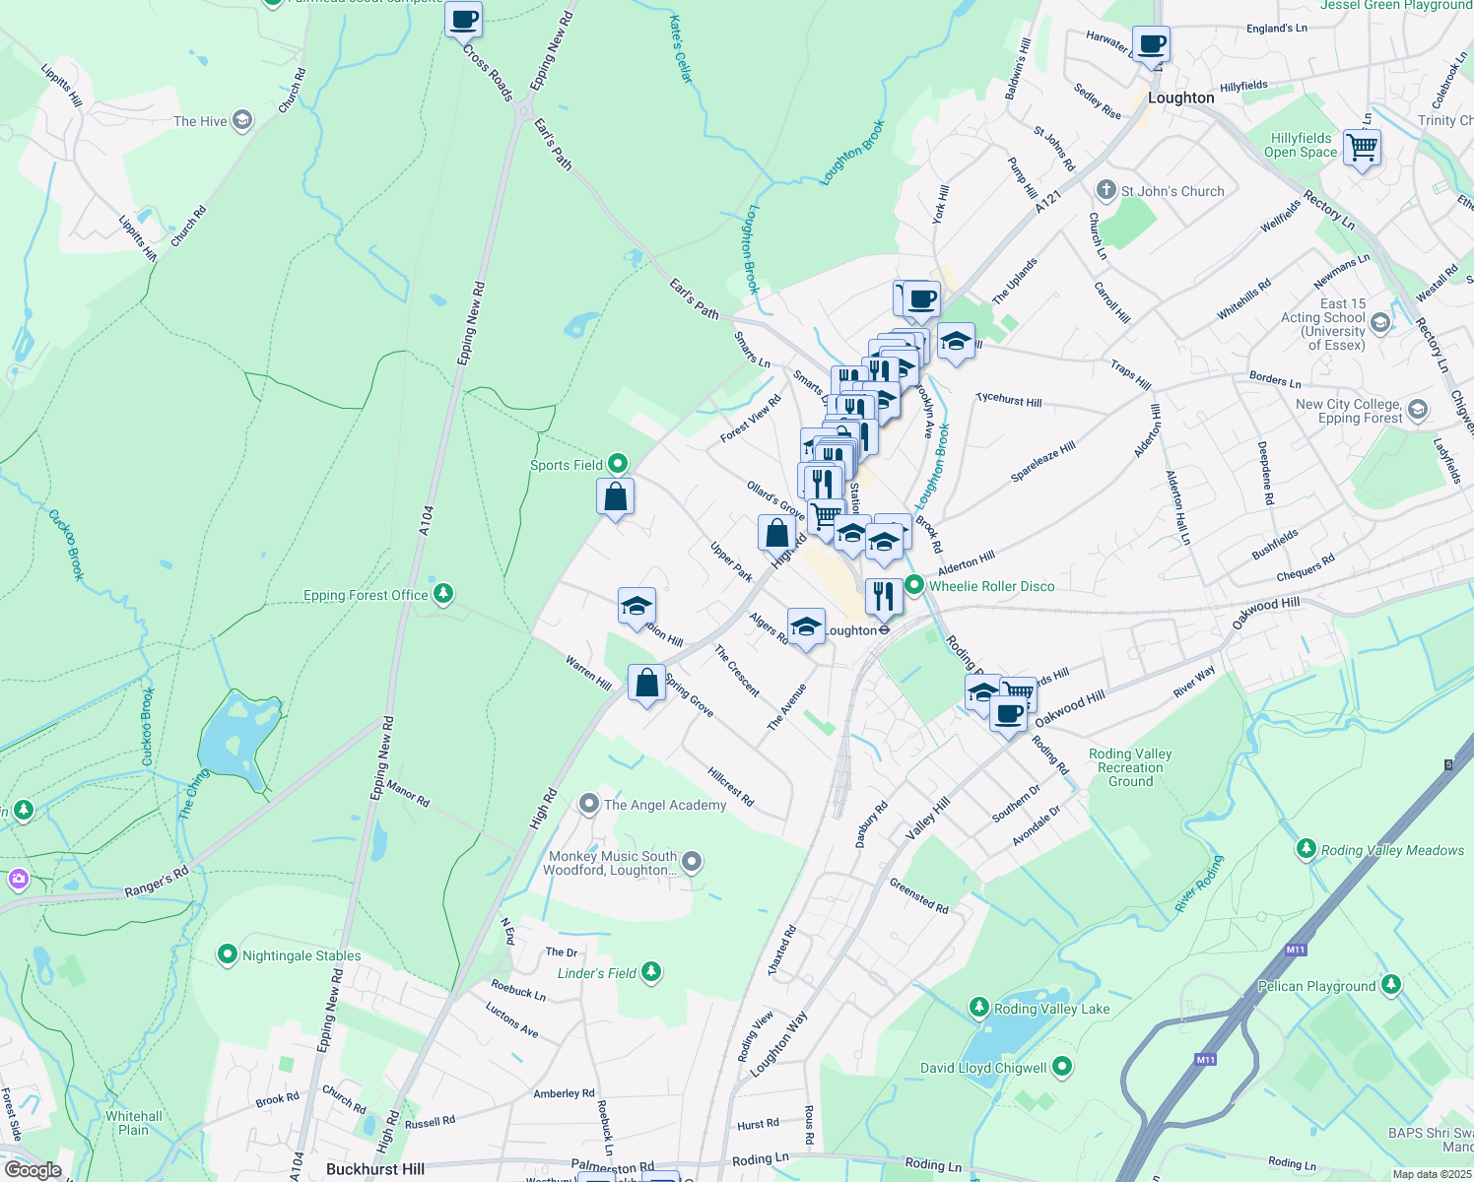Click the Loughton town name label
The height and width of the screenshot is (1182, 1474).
coord(1180,98)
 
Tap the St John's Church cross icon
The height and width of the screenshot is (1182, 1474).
coord(1105,190)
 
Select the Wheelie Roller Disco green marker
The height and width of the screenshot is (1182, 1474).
coord(914,586)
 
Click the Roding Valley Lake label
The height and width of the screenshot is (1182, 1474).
coord(1051,1009)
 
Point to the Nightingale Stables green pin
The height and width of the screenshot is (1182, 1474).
coord(228,954)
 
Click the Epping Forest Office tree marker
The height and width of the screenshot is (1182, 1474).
coord(443,593)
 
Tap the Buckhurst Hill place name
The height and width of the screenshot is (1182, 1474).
coord(375,1169)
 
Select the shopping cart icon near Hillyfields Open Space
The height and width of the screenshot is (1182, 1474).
coord(1362,149)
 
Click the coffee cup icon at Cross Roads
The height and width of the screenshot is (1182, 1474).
coord(463,19)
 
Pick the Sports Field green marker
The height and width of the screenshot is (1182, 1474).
coord(618,463)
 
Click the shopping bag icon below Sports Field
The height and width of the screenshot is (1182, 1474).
coord(616,497)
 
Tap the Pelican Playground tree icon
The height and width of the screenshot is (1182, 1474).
coord(1390,984)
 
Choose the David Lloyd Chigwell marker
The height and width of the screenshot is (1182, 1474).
coord(1062,1066)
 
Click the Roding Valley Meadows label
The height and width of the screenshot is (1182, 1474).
coord(1392,850)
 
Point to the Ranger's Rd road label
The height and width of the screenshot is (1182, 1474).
coord(156,883)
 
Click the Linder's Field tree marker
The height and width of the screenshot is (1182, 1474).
coord(650,972)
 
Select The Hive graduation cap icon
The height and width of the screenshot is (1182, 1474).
coord(242,120)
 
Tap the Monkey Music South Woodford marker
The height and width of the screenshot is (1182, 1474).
coord(692,862)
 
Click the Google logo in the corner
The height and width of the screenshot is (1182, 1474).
coord(33,1169)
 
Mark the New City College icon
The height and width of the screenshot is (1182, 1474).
coord(1417,410)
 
